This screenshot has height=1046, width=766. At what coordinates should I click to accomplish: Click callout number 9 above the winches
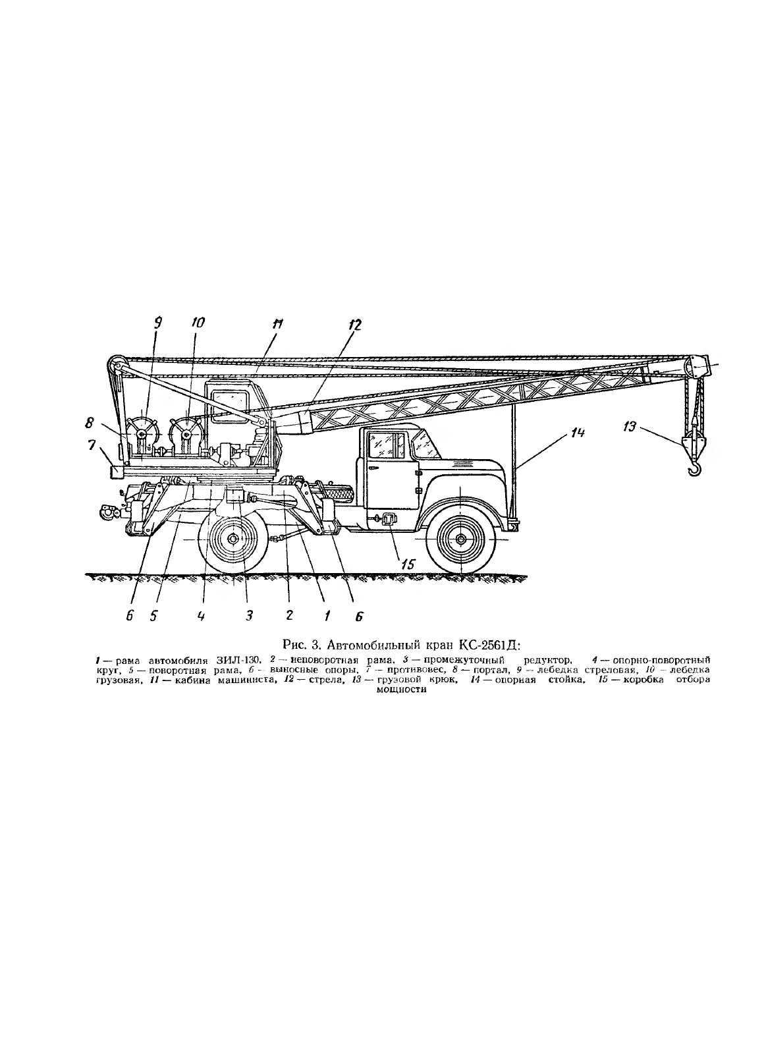[x=157, y=322]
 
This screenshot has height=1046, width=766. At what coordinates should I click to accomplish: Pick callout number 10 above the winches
[x=198, y=322]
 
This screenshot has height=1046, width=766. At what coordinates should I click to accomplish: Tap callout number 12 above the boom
[x=355, y=324]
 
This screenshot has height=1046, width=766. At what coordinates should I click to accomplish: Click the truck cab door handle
[x=373, y=468]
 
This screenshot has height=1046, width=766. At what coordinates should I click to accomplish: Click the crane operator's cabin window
[x=231, y=402]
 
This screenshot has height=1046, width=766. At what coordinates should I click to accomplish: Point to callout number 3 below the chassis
[x=249, y=615]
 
